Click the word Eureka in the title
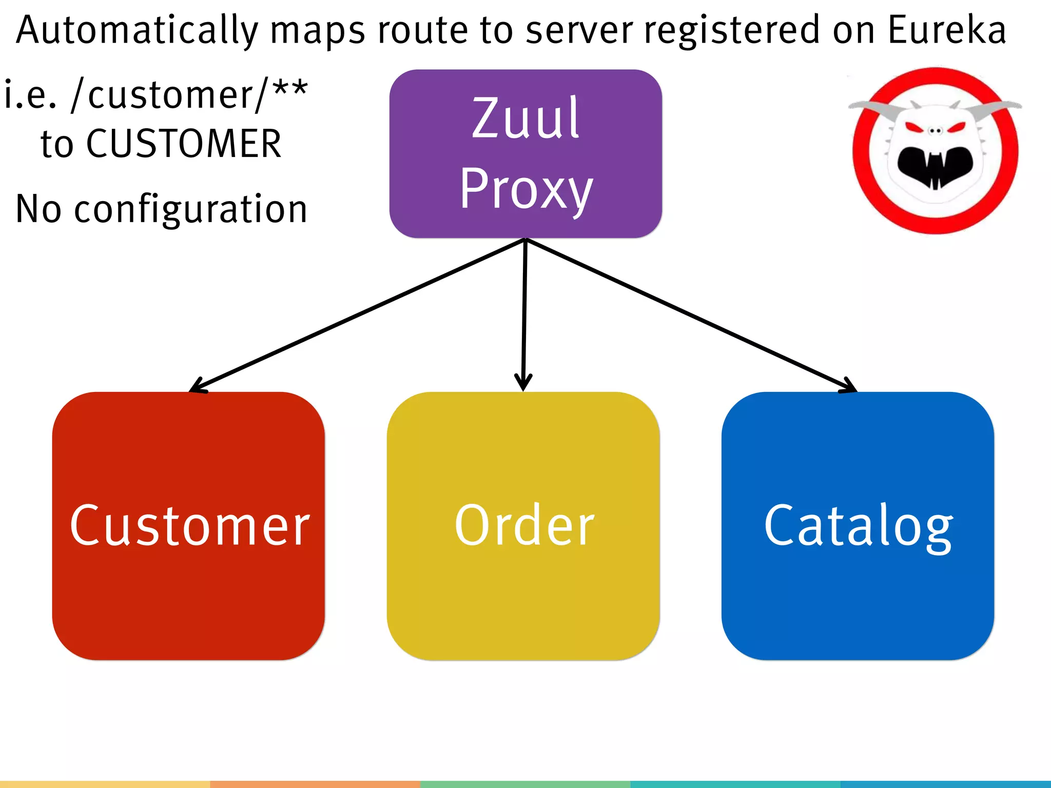pos(946,30)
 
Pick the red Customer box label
pos(189,525)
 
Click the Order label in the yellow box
pos(524,525)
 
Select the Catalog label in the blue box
pos(858,526)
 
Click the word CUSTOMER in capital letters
pos(184,144)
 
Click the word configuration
pos(190,209)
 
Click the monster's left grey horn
pos(875,108)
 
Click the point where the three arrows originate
pos(525,239)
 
